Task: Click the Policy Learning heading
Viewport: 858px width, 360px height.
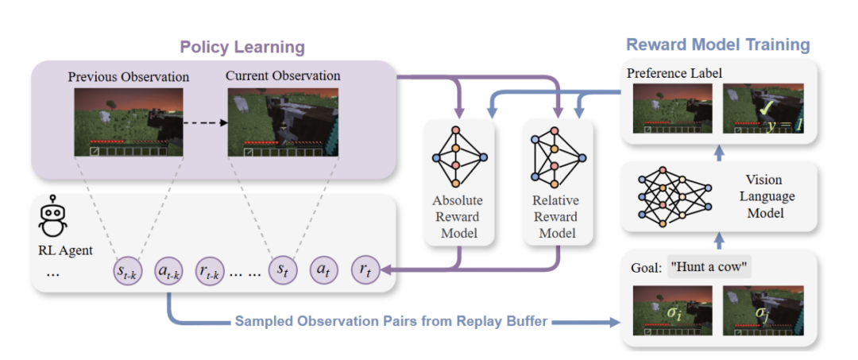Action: coord(242,47)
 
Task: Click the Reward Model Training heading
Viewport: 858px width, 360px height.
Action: coord(717,45)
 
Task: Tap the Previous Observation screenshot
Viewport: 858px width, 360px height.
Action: coord(129,122)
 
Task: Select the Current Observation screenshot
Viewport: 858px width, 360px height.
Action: coord(284,122)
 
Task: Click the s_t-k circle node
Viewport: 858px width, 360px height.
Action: coord(127,269)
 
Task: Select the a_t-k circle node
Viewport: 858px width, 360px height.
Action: coord(169,269)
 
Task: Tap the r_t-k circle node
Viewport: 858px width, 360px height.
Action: coord(210,269)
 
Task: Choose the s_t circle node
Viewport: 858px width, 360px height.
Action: coord(282,269)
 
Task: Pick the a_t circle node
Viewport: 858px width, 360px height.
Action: coord(323,269)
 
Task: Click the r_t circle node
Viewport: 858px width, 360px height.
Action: coord(365,269)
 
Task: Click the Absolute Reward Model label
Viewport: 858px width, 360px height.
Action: coord(459,216)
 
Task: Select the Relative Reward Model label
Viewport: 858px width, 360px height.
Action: coord(558,216)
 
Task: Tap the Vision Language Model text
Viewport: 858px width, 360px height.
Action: coord(763,195)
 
